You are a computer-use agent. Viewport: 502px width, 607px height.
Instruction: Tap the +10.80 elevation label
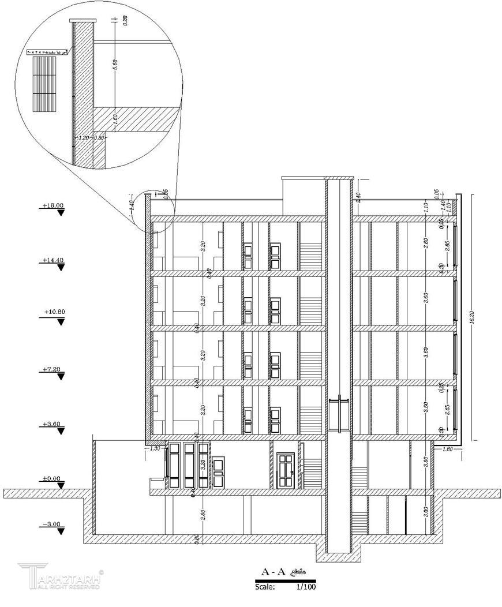54,312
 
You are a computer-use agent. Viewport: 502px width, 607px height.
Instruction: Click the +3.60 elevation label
51,424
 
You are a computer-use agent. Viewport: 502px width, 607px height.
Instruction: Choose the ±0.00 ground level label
51,478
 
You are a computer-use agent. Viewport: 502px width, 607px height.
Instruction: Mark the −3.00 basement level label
51,524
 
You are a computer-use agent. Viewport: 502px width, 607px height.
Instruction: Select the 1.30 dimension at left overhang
154,448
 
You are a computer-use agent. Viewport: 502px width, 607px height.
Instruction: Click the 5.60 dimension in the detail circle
115,64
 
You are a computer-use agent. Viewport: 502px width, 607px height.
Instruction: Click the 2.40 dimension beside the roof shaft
358,196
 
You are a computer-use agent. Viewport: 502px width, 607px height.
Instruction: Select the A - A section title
274,572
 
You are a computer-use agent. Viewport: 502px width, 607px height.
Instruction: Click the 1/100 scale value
306,587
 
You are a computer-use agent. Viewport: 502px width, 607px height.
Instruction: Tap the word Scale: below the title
265,587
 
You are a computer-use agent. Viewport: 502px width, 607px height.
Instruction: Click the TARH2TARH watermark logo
61,577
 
